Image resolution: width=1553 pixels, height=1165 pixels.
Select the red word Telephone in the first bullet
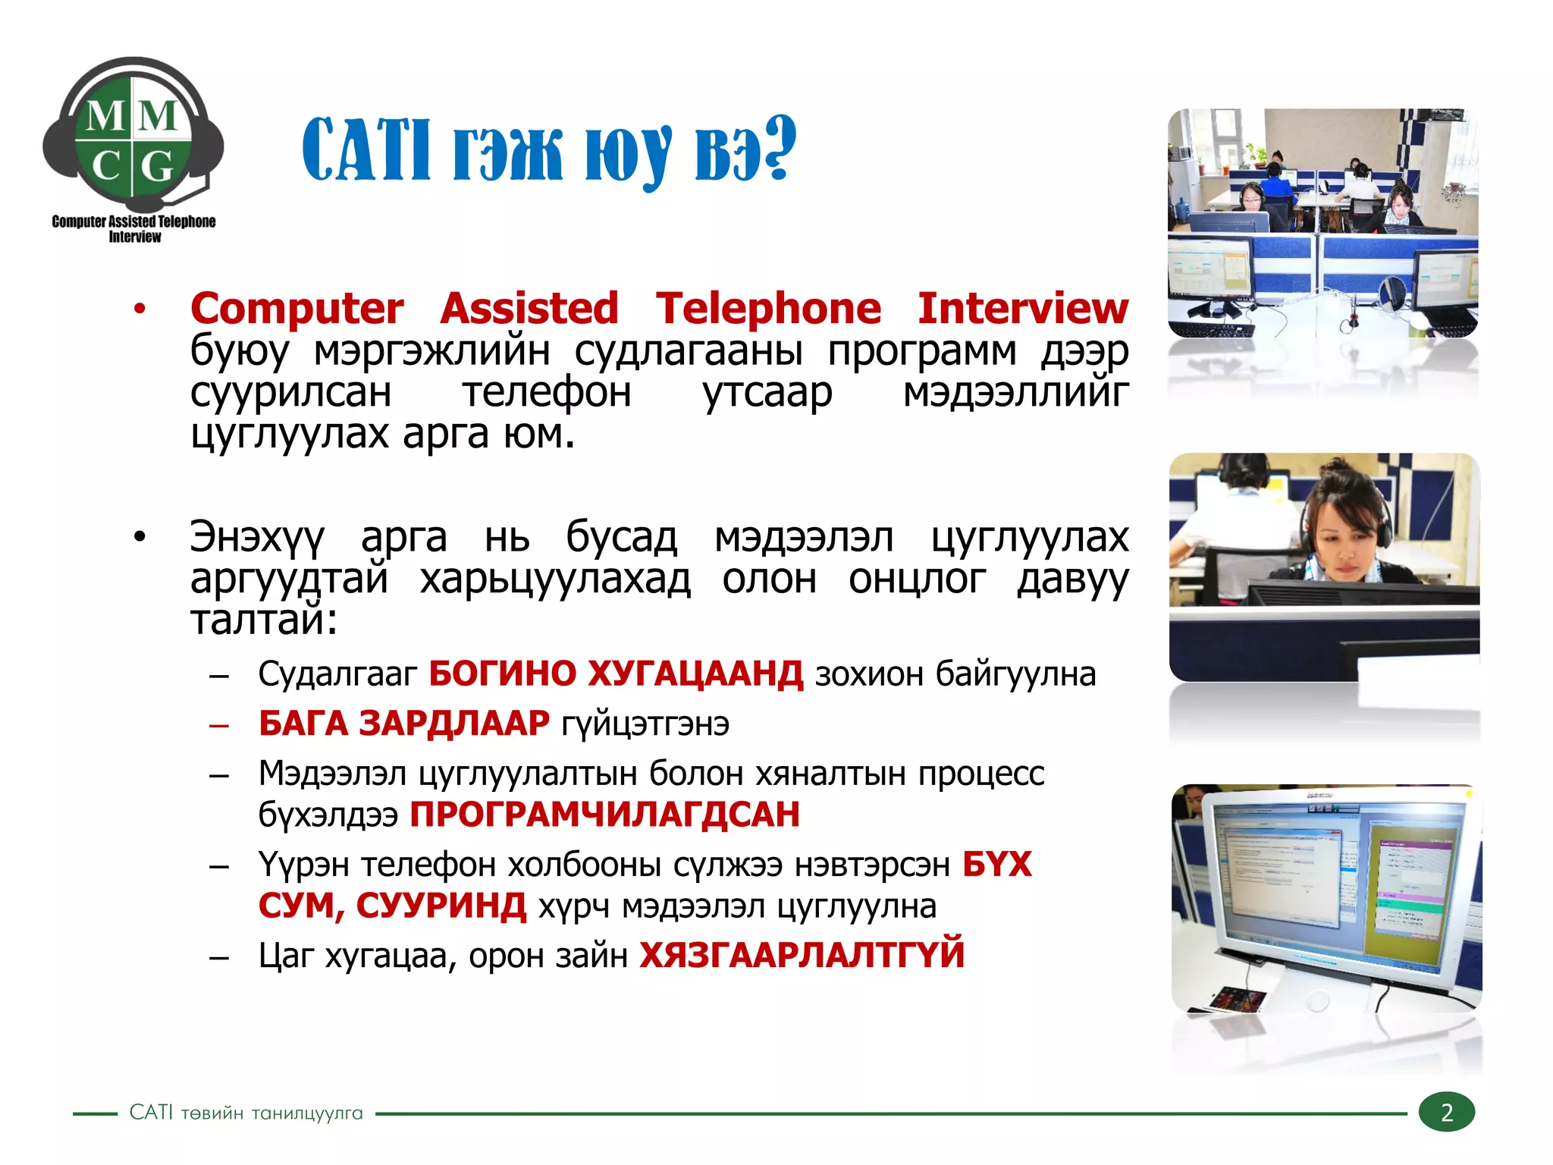(768, 309)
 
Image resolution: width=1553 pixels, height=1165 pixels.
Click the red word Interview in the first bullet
(1022, 309)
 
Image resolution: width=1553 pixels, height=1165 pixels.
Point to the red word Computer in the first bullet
(296, 309)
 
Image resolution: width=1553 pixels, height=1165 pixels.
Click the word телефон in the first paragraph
(547, 393)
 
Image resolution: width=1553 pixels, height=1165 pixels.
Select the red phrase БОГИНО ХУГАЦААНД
(615, 674)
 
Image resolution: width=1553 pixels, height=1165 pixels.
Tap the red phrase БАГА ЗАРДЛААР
(403, 723)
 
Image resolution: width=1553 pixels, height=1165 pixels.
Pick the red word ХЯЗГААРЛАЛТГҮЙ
(802, 955)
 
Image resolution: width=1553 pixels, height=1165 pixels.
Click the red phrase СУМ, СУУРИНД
(392, 906)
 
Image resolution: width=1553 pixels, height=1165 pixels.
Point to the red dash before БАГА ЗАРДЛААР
(219, 725)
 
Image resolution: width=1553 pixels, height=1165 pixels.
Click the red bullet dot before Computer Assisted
(139, 309)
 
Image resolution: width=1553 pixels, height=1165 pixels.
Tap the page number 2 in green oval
(1446, 1113)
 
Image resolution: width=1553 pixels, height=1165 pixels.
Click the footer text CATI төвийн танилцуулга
(246, 1113)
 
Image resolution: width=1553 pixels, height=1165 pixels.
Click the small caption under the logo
(133, 228)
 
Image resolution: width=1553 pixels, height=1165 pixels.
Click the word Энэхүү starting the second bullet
(257, 538)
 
